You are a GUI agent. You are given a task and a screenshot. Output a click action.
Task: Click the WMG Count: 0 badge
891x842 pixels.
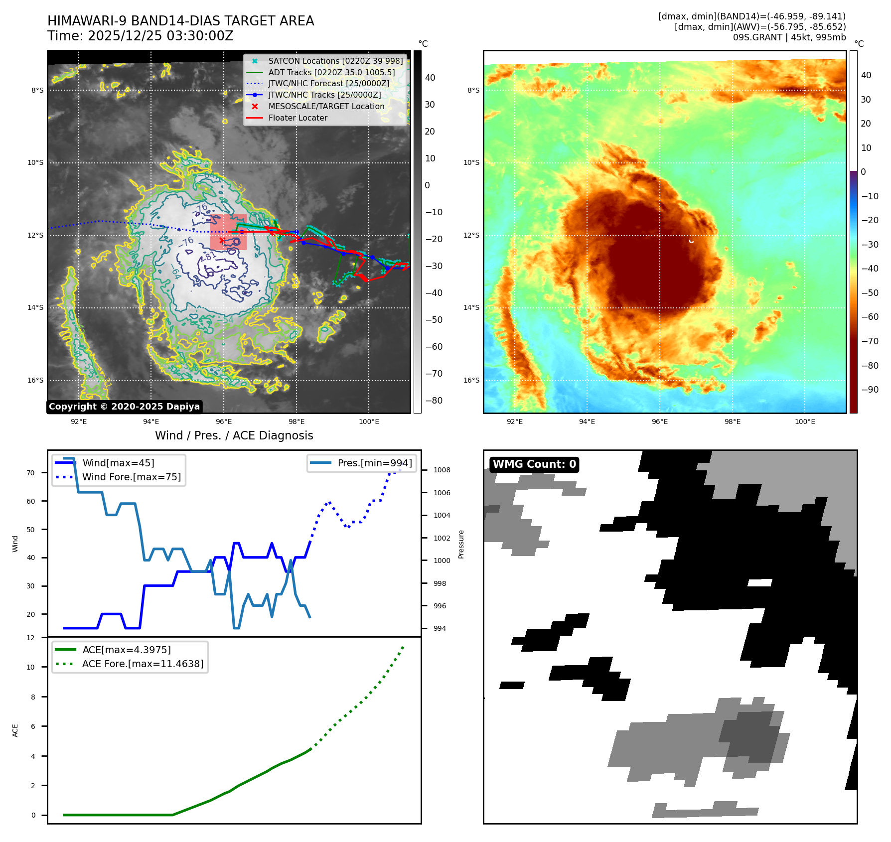coord(534,464)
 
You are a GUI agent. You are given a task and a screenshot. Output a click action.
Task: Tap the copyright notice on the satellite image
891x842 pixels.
coord(124,407)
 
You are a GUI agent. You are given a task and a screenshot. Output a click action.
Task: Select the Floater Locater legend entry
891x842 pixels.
coord(297,118)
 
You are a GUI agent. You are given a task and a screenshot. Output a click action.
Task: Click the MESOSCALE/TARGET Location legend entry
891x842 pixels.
coord(326,107)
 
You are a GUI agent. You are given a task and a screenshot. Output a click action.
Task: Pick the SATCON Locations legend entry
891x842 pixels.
coord(335,61)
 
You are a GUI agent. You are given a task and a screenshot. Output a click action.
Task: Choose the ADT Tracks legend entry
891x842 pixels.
coord(331,73)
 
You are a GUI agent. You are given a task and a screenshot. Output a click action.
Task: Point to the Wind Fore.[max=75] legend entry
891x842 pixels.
coord(131,477)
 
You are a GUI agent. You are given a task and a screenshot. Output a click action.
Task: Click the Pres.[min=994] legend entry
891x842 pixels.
coord(374,463)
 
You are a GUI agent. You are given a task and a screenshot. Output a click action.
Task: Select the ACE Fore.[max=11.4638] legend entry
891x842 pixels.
coord(143,664)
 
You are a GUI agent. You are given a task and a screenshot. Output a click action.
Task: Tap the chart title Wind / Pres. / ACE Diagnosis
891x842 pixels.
coord(234,436)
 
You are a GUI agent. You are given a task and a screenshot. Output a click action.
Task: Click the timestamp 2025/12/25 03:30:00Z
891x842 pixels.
coord(160,36)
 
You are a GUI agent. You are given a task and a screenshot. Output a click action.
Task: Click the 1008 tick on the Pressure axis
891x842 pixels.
coord(442,470)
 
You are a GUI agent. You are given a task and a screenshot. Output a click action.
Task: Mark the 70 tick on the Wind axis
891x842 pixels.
coord(31,473)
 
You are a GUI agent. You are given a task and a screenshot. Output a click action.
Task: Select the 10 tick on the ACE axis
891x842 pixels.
coord(31,668)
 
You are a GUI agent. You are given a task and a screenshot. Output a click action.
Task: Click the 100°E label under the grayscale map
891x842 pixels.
coord(369,422)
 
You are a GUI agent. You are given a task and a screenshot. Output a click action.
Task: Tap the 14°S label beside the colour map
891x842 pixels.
coord(471,308)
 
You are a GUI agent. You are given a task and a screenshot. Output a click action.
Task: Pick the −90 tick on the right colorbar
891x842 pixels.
coord(870,390)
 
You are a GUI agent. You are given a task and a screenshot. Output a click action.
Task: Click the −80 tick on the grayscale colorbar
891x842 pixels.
coord(434,401)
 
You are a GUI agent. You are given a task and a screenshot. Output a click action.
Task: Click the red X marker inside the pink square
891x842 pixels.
coord(222,241)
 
